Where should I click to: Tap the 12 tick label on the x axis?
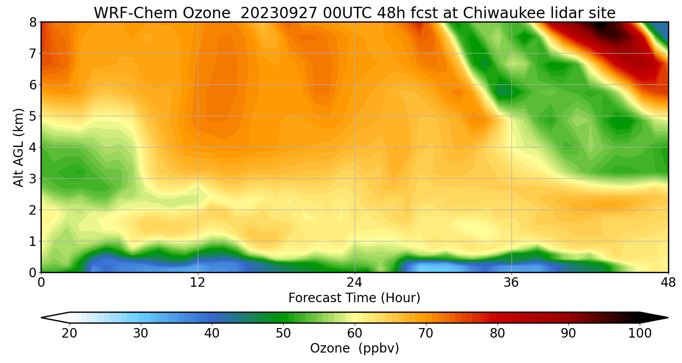[198, 283]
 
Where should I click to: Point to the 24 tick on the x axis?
[355, 283]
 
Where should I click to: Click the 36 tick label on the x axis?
[511, 283]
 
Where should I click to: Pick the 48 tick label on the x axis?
[668, 283]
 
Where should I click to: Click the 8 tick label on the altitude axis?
[33, 22]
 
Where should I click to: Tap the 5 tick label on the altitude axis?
[33, 116]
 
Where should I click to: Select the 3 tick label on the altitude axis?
[33, 179]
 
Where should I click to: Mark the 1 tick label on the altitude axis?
[33, 241]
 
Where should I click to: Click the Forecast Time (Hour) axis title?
[354, 298]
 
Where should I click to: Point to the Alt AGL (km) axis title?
[19, 147]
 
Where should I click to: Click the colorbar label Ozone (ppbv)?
[354, 348]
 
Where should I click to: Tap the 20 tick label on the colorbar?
[69, 334]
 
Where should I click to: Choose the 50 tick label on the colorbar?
[283, 334]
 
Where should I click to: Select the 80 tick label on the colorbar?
[497, 334]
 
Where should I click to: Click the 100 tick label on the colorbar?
[640, 334]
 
